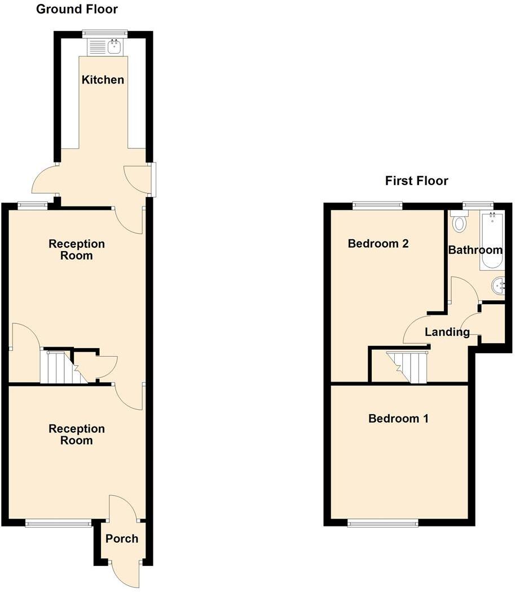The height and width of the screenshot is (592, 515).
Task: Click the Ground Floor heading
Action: pyautogui.click(x=77, y=9)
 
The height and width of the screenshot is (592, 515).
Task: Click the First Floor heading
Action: pyautogui.click(x=416, y=181)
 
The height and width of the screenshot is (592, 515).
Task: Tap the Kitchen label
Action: pyautogui.click(x=103, y=80)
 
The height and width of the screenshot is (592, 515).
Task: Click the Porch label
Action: pyautogui.click(x=122, y=539)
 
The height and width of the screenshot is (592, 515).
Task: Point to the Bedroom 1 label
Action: pyautogui.click(x=398, y=419)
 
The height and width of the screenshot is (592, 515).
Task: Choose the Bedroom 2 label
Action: pyautogui.click(x=378, y=244)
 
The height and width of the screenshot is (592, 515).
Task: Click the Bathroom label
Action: pyautogui.click(x=475, y=250)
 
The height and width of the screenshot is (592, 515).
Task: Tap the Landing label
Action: pyautogui.click(x=447, y=332)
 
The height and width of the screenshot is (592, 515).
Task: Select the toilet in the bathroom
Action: pyautogui.click(x=459, y=222)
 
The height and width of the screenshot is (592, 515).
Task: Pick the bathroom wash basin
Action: pyautogui.click(x=498, y=286)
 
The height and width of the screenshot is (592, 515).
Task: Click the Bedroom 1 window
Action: pyautogui.click(x=383, y=523)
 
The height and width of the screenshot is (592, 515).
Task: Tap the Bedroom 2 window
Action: pyautogui.click(x=378, y=206)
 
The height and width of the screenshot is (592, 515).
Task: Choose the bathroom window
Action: pyautogui.click(x=478, y=205)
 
